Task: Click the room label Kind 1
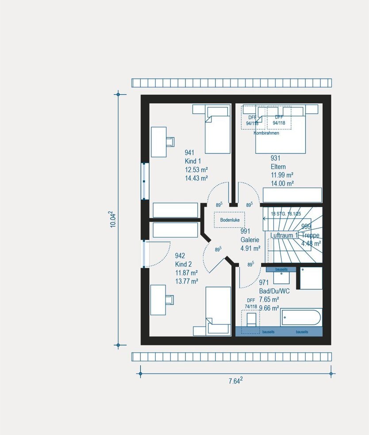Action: tap(193, 161)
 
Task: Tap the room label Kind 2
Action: tap(183, 264)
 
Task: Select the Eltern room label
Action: tap(278, 167)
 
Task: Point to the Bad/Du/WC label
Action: tap(274, 291)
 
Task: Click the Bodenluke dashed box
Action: tap(229, 220)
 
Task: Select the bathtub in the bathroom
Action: tap(301, 318)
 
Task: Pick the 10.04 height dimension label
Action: tap(113, 219)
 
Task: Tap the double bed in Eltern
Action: tap(281, 133)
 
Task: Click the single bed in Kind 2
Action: tap(217, 310)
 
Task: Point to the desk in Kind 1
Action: tap(158, 142)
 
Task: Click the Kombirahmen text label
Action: tap(266, 133)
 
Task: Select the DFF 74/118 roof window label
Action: tap(251, 303)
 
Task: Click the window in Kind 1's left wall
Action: tap(145, 181)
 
